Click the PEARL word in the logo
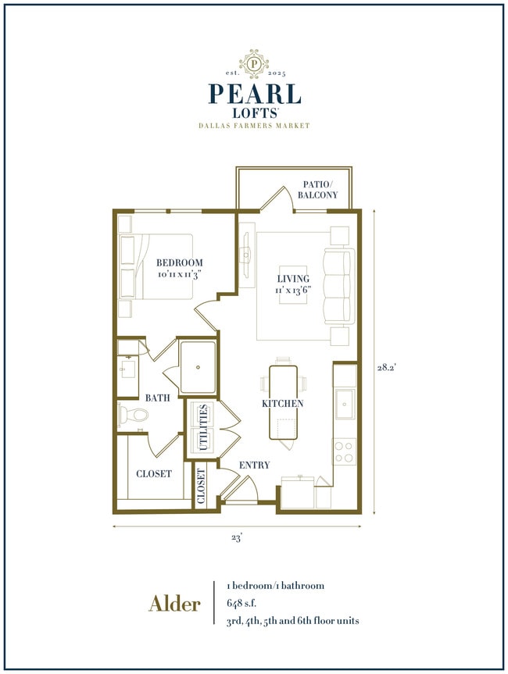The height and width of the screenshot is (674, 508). [x=254, y=94]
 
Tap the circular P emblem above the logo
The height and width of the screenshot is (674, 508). [x=254, y=61]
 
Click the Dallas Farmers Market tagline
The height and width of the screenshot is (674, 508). [x=254, y=126]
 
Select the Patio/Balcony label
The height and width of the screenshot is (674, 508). [x=320, y=190]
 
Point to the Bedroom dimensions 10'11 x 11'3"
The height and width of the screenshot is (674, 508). [x=179, y=275]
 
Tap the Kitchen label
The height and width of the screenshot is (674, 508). [x=282, y=404]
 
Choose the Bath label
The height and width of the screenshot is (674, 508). [x=158, y=398]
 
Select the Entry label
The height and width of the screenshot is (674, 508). [x=254, y=465]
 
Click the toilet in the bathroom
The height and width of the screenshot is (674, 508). [x=130, y=414]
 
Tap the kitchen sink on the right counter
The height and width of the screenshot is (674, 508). [x=345, y=404]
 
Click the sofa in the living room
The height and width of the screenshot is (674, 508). [x=338, y=286]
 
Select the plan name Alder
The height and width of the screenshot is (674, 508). [x=174, y=603]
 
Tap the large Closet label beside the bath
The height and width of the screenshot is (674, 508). [x=154, y=473]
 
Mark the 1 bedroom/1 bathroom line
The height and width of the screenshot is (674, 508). [x=275, y=585]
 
